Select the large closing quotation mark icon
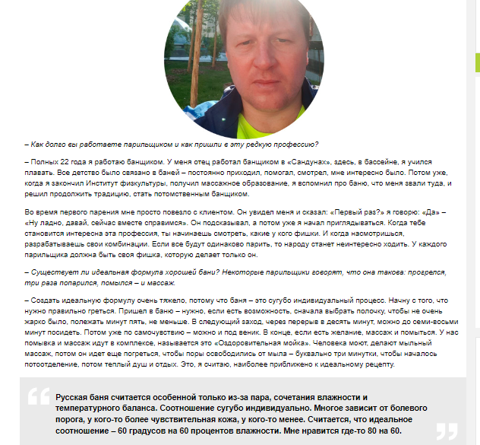tap(447, 431)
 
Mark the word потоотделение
tap(52, 367)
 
